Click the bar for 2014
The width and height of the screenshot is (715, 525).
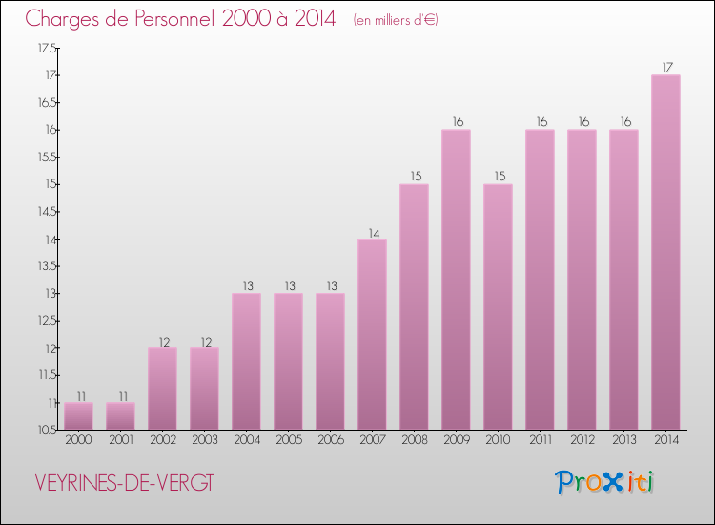[665, 252]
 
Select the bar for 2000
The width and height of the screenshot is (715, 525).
[78, 416]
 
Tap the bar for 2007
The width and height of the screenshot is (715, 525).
[372, 334]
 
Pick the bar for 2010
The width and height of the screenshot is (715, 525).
[498, 306]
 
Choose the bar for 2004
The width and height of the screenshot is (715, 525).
[246, 362]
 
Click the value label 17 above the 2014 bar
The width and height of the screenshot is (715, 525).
[667, 67]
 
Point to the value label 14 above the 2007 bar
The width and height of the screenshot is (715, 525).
[374, 233]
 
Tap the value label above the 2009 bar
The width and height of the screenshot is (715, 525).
[458, 122]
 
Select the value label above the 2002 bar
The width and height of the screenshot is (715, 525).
[164, 342]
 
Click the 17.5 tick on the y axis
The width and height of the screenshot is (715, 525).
[47, 48]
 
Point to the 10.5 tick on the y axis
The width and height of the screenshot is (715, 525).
[47, 430]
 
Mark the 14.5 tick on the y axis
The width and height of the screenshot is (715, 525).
[47, 211]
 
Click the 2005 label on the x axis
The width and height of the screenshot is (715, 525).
[289, 439]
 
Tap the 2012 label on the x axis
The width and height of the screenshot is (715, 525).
[582, 439]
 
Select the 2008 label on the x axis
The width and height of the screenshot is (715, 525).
[415, 439]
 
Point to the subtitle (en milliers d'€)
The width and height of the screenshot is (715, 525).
[396, 20]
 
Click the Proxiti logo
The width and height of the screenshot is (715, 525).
[604, 482]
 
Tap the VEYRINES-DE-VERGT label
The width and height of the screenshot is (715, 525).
[124, 483]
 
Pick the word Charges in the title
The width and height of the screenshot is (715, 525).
[62, 19]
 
